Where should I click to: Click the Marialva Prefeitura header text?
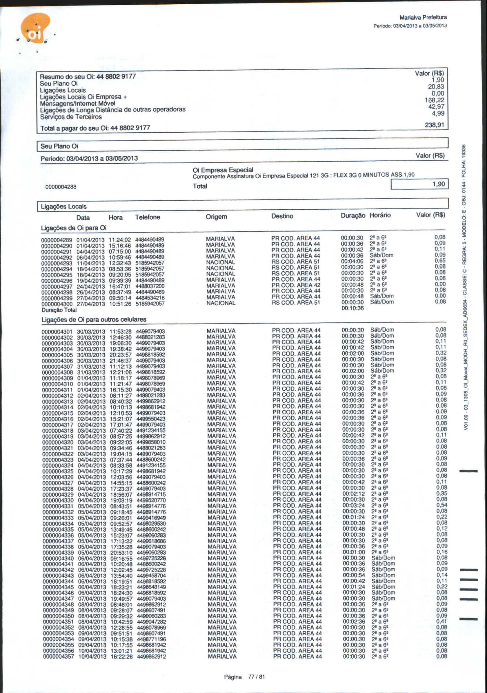coord(423,17)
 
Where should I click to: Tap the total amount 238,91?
coord(434,125)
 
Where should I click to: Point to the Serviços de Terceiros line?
coord(71,117)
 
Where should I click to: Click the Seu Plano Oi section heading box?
coord(242,146)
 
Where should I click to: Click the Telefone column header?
coord(148,217)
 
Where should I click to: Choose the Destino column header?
coord(282,216)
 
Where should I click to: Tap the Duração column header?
coord(353,215)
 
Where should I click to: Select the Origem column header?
coord(216,217)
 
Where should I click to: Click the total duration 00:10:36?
coord(352,308)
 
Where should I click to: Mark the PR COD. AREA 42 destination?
coord(296,285)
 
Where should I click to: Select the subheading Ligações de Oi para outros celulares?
coord(94,319)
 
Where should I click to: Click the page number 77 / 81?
coord(256,677)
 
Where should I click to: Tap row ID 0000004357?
coord(58,657)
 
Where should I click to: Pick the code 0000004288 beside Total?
coord(61,187)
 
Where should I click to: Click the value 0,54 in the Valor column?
coord(441,505)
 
